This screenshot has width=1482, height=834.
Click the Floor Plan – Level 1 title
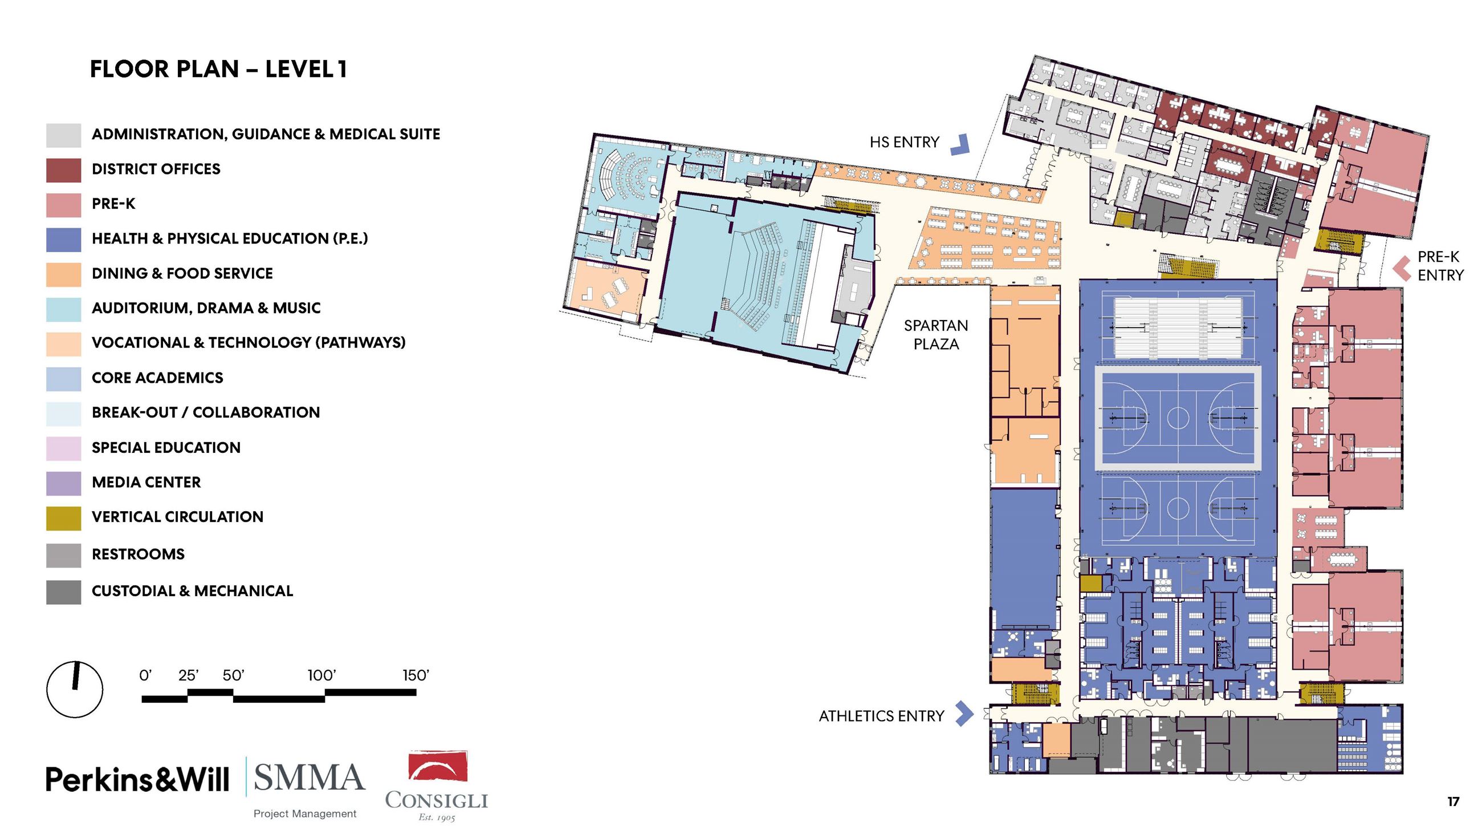[x=219, y=69]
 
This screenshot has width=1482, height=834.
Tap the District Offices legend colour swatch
[x=63, y=171]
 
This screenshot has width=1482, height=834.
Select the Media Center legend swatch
[x=63, y=484]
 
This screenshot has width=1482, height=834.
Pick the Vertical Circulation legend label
[x=177, y=517]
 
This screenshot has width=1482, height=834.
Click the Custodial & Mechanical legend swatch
[x=63, y=592]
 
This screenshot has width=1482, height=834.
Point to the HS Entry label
[x=904, y=142]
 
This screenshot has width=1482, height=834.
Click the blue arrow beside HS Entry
[x=960, y=144]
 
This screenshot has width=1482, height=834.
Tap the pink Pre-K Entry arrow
[x=1402, y=268]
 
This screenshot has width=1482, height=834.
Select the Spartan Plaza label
[x=936, y=335]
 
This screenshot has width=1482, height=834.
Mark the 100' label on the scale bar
[x=321, y=675]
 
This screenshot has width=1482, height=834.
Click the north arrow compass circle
[x=75, y=689]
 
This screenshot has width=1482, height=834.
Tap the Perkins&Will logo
[x=137, y=779]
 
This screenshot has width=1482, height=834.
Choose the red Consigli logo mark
[x=437, y=766]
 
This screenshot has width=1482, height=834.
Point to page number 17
[x=1453, y=801]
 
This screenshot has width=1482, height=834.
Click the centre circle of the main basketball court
[x=1177, y=418]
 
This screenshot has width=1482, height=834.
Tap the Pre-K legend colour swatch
[x=63, y=205]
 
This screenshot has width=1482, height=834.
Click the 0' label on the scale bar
[x=145, y=675]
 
